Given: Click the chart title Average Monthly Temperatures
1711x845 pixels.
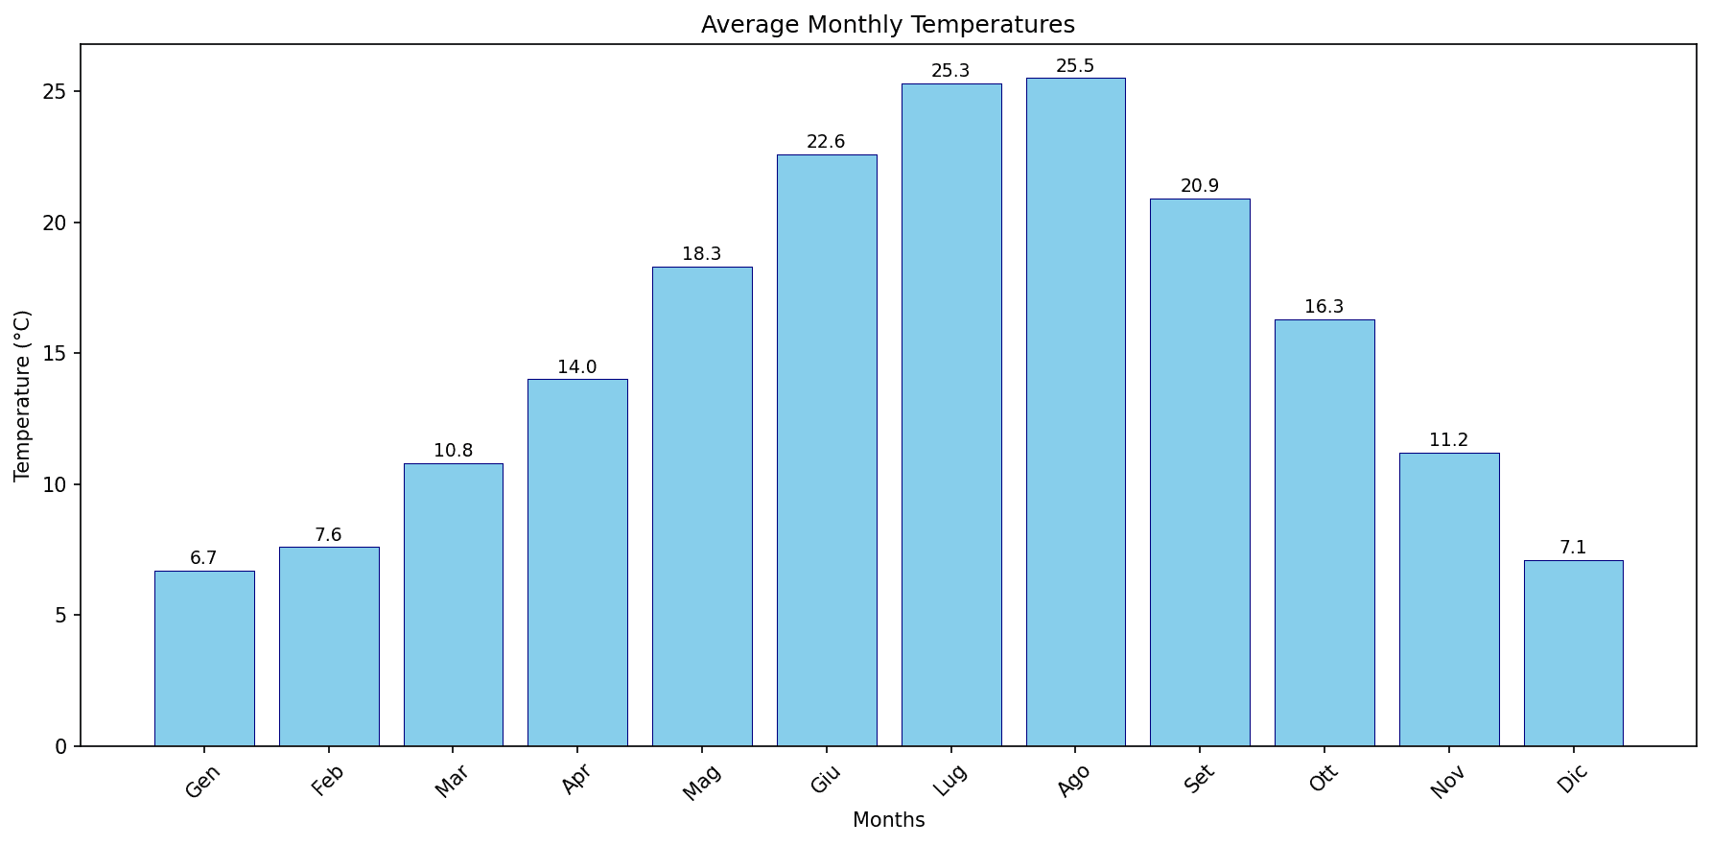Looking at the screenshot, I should tap(887, 25).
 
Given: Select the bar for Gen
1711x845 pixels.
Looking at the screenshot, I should tap(204, 659).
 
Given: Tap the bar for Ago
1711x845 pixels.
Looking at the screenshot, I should tap(1075, 412).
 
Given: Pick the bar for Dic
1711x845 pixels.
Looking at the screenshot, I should tap(1573, 653).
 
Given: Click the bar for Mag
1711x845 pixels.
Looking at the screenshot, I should tap(702, 506).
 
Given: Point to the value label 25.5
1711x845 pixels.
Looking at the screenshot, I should tap(1075, 66).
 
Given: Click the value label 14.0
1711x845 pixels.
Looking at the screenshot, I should tap(577, 367).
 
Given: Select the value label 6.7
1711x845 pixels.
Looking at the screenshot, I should tap(203, 558).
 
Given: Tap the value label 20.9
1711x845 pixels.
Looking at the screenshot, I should tap(1200, 186).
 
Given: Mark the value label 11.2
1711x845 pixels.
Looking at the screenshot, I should tap(1448, 440).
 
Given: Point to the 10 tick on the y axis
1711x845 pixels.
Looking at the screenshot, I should tap(57, 484).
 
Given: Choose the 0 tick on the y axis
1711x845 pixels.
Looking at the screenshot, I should tap(62, 746).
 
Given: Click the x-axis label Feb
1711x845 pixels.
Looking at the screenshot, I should tap(327, 781).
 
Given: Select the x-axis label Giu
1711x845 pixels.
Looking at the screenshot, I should tap(826, 781).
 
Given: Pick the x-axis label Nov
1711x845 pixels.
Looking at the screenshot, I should tap(1447, 783).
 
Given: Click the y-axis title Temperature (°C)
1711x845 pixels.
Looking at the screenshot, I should tap(23, 395).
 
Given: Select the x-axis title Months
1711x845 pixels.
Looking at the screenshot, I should tap(888, 821).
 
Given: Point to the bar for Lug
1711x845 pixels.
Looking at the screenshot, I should tap(951, 414).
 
